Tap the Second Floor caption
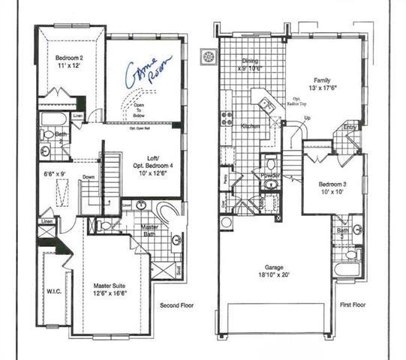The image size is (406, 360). pos(179,306)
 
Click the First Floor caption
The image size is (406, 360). pos(352,306)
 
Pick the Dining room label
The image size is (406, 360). pos(248,61)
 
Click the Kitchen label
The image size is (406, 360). pos(250,127)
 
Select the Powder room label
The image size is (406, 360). pos(270,175)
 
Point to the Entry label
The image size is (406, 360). pos(350,127)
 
